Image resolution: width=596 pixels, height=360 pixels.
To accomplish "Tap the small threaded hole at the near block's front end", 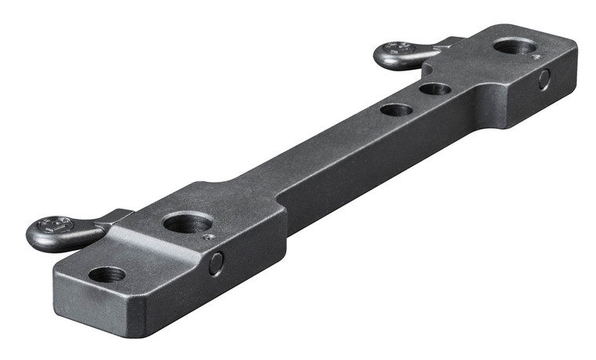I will click(107, 275).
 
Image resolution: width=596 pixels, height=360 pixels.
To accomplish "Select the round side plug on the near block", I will click(216, 264).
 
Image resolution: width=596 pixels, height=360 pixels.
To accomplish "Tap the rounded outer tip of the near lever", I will click(33, 233).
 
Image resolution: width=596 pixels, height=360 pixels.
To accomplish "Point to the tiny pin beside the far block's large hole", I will click(534, 56).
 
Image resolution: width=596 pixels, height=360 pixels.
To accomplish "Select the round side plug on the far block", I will click(544, 79).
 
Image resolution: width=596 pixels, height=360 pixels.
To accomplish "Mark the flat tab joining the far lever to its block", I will click(444, 43).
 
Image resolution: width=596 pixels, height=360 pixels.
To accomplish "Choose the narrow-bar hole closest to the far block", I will click(434, 89).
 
